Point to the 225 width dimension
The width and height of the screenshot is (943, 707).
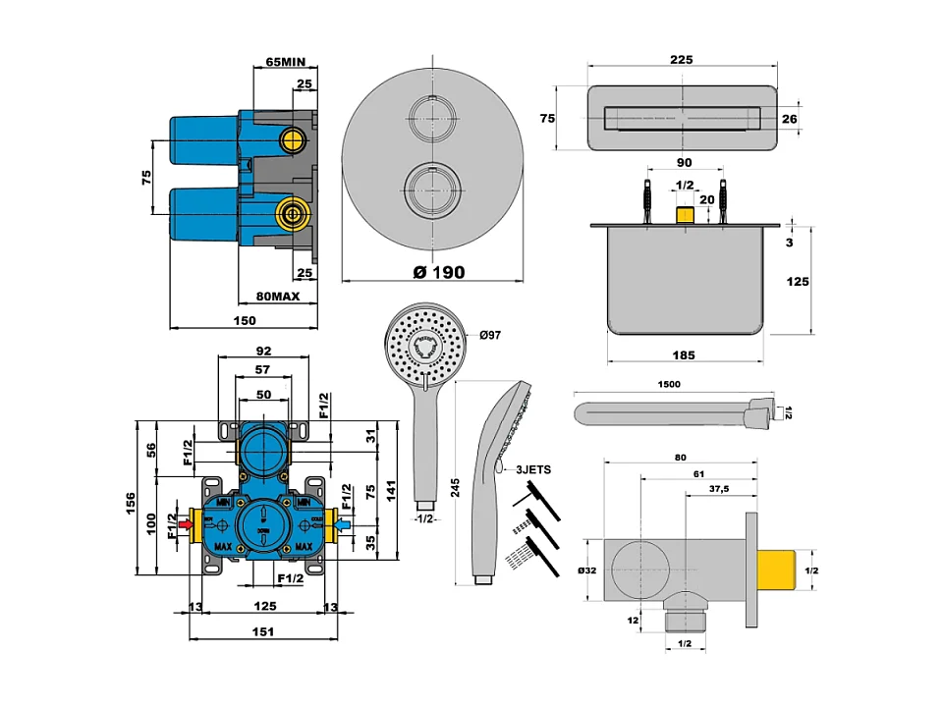pyautogui.click(x=683, y=59)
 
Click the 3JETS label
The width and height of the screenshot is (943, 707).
pyautogui.click(x=533, y=470)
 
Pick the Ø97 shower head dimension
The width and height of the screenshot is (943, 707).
pyautogui.click(x=490, y=336)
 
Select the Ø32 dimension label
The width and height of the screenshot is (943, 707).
pyautogui.click(x=587, y=570)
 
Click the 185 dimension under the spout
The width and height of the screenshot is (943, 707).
pyautogui.click(x=686, y=353)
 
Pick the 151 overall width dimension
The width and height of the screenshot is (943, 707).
pyautogui.click(x=261, y=631)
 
